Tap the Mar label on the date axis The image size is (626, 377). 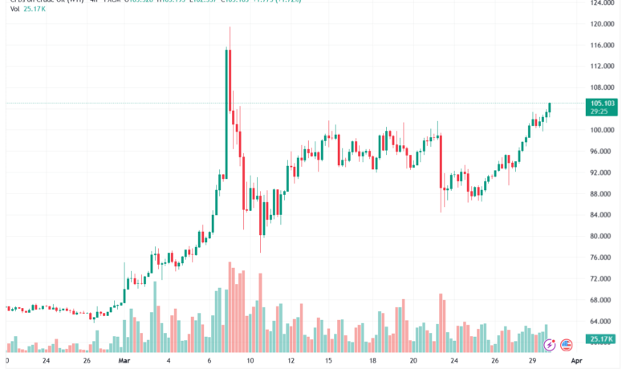point(124,362)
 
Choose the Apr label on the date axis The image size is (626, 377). point(575,362)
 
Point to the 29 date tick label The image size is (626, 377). point(532,362)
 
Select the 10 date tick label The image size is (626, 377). point(250,362)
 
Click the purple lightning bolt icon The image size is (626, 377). point(550,345)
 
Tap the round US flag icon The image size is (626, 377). point(566,345)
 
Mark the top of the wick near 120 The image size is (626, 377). point(230,28)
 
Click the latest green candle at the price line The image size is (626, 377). point(550,107)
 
